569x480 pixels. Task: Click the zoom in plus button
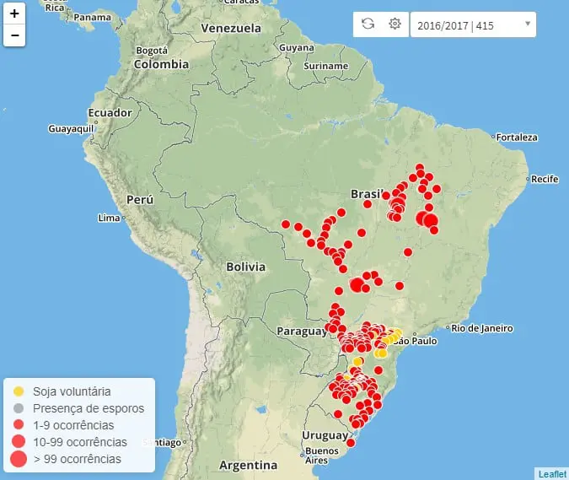[x=15, y=13]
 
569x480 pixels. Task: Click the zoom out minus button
[x=15, y=35]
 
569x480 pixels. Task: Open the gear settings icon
[x=395, y=24]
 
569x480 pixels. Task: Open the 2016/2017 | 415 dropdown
[x=473, y=24]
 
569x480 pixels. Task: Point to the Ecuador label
[x=110, y=113]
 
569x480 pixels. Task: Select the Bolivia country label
[x=245, y=267]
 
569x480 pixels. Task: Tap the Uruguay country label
[x=324, y=436]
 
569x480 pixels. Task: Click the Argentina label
[x=249, y=465]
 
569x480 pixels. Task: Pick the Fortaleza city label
[x=517, y=138]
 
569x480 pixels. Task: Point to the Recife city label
[x=545, y=179]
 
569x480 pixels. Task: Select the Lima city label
[x=110, y=218]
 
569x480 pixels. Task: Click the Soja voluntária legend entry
[x=72, y=391]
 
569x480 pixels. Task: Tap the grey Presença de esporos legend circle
[x=19, y=408]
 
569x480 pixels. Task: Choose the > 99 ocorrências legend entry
[x=77, y=459]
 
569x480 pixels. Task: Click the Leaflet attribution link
[x=552, y=474]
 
